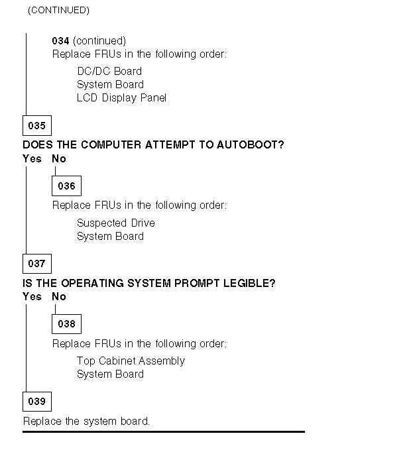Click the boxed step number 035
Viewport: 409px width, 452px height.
(x=36, y=125)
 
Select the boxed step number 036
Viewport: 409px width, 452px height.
(x=66, y=186)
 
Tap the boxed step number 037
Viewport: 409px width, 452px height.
(x=36, y=264)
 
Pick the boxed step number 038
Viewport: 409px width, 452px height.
(x=66, y=324)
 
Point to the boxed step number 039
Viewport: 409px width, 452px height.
(x=36, y=402)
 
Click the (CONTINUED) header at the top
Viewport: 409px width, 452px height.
(x=58, y=11)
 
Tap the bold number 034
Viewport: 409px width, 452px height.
(x=60, y=41)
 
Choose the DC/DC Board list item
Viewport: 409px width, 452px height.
(x=109, y=71)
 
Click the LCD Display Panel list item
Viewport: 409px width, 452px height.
(x=121, y=98)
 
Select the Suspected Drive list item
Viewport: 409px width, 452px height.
(x=115, y=223)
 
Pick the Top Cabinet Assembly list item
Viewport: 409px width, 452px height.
(x=131, y=361)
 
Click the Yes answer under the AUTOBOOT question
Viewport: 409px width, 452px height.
(x=32, y=159)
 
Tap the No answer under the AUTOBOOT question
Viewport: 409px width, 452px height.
(x=59, y=159)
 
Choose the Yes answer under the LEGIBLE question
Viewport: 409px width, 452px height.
(x=32, y=297)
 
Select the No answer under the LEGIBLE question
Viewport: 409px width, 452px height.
(x=59, y=297)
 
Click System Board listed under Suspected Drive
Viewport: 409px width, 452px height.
(x=110, y=236)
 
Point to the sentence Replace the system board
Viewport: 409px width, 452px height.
(x=87, y=421)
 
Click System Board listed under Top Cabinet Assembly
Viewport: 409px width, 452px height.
(x=110, y=374)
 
